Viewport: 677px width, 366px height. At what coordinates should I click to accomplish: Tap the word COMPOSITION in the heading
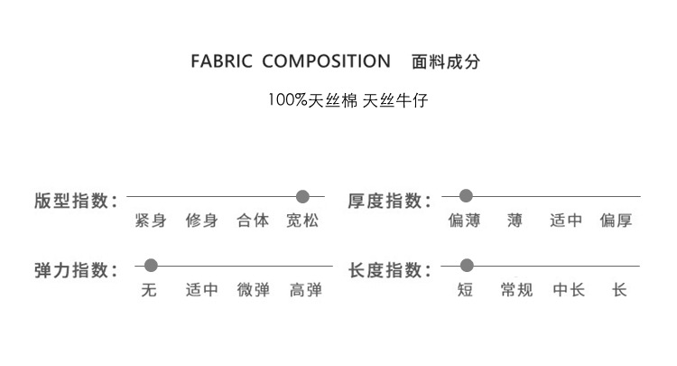pos(326,61)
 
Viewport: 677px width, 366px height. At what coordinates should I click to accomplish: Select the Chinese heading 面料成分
pos(446,61)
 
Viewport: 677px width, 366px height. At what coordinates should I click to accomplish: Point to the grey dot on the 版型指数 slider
pos(303,196)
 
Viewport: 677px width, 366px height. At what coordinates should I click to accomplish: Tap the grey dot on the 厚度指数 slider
pos(467,196)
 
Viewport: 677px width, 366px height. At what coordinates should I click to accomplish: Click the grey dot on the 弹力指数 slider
pos(151,266)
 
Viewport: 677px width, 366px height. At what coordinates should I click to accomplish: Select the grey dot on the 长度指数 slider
pos(467,266)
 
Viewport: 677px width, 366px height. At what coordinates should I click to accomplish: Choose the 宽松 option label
pos(303,221)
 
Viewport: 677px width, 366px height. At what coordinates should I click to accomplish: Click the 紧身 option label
pos(151,221)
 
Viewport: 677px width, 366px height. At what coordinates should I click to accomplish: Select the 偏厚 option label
pos(617,221)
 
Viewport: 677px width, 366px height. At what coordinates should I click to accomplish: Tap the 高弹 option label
pos(305,290)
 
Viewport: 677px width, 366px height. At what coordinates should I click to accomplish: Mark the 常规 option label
pos(516,290)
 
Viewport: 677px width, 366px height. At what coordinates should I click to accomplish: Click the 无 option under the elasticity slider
pos(149,290)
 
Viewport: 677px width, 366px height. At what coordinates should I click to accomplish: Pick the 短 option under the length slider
pos(466,290)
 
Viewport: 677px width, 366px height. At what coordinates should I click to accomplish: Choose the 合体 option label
pos(253,221)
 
